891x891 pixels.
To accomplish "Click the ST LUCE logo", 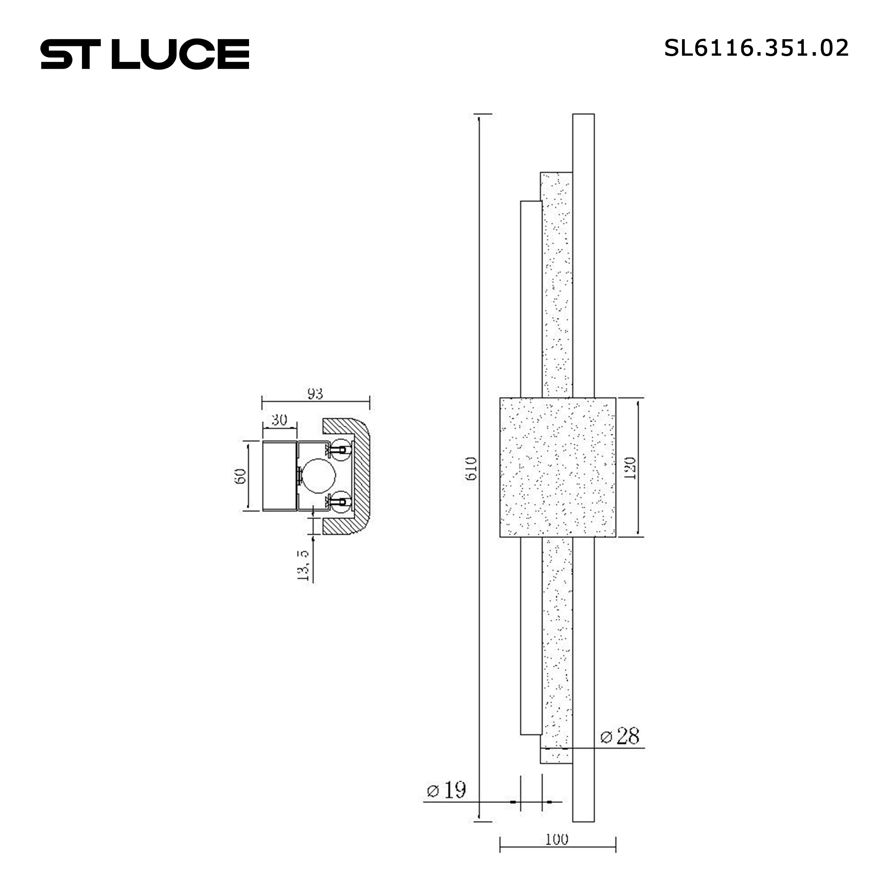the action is coord(145,54).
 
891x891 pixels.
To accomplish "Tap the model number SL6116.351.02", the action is coord(756,48).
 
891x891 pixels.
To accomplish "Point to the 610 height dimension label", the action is coord(471,469).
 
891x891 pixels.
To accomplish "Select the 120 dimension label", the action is coord(630,468).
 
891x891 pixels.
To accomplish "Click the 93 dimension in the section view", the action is coord(315,393).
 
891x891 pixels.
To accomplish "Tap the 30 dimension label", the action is coord(279,420).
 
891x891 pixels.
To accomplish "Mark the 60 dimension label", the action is coord(240,476).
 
